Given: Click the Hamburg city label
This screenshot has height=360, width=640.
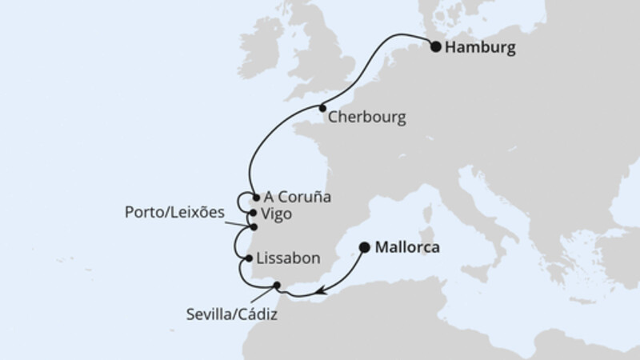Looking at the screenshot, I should (x=480, y=48).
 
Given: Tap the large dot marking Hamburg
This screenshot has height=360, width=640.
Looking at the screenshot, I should (x=436, y=46).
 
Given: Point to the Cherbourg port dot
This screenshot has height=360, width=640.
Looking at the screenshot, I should (x=322, y=108).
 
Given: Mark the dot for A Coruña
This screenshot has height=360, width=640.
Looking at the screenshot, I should (x=254, y=197).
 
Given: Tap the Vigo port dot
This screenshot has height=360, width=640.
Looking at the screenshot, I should (x=254, y=214).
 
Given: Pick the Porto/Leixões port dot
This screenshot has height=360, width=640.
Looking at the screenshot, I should (x=254, y=227).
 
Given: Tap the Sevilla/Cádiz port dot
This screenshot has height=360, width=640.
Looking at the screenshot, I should (x=277, y=285).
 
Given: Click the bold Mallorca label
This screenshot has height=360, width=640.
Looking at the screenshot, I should (x=410, y=248).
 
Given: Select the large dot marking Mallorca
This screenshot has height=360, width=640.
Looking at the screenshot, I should (x=365, y=247).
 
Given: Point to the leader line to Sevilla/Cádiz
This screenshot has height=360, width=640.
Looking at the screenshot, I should (x=267, y=294).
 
